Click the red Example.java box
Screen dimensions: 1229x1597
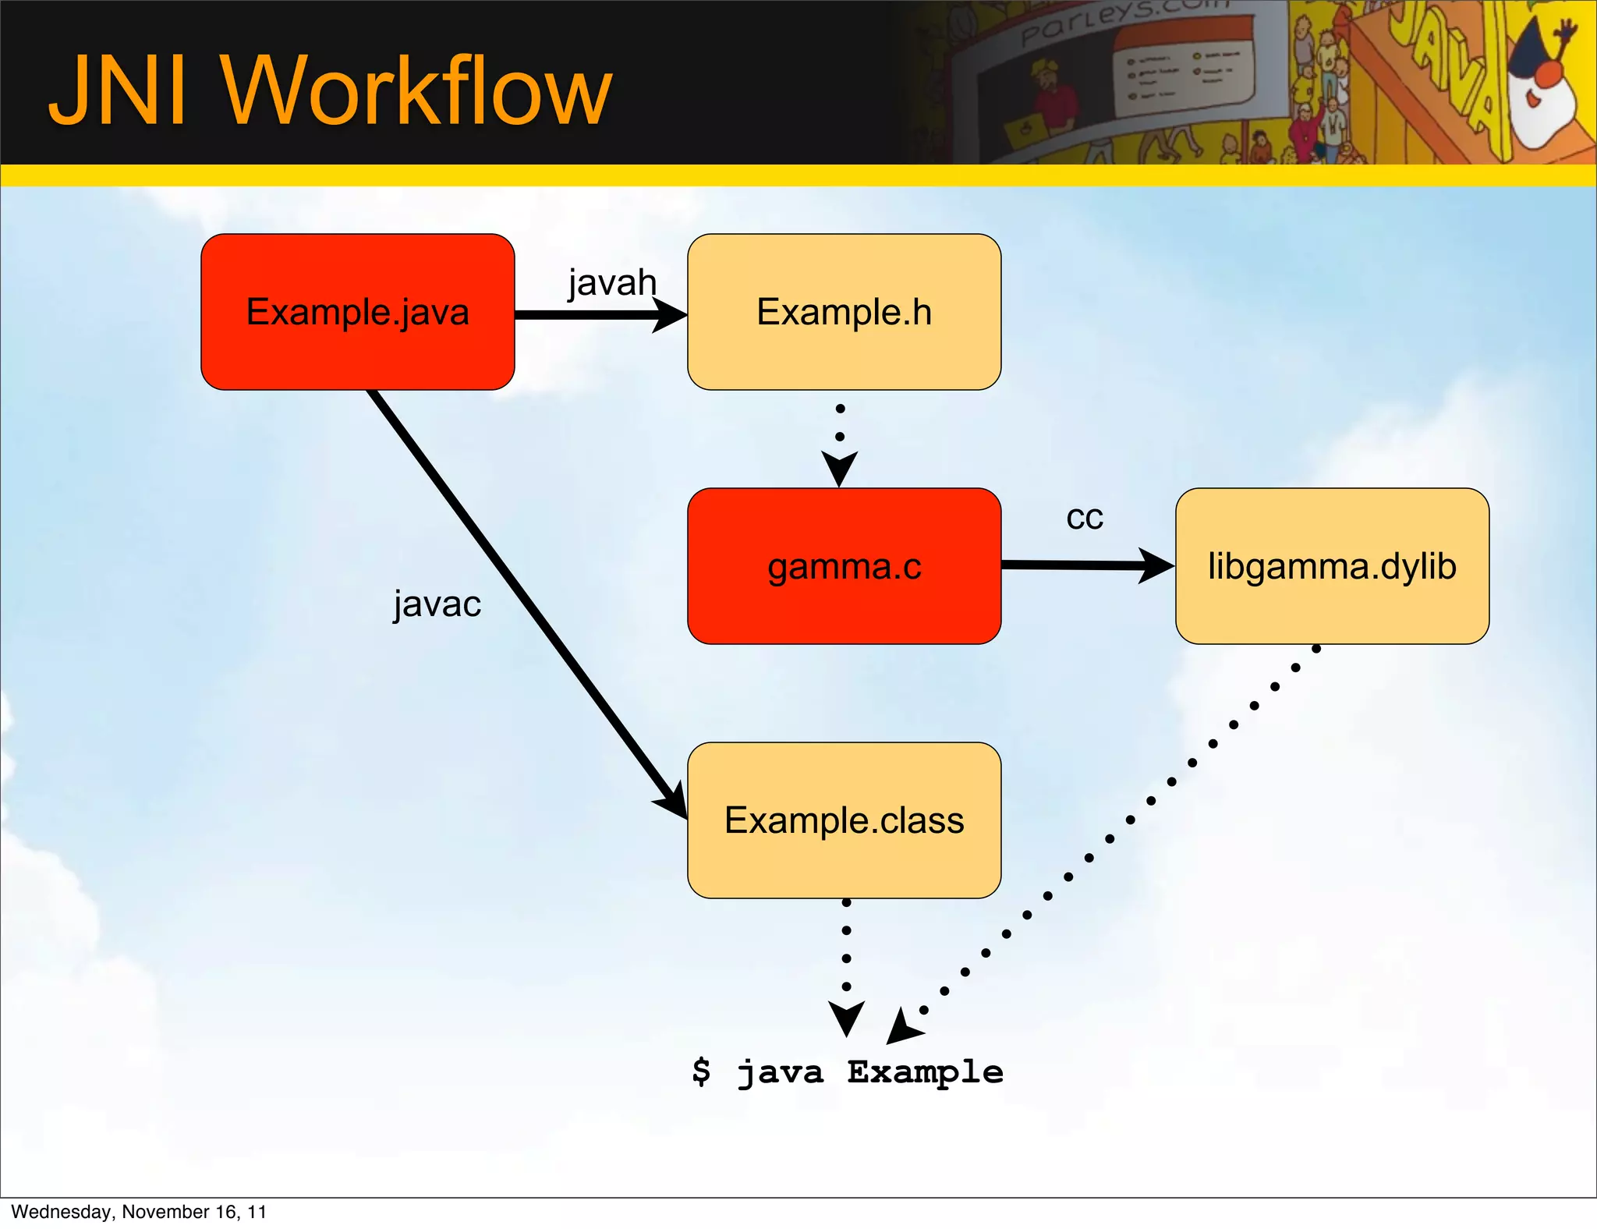pyautogui.click(x=357, y=312)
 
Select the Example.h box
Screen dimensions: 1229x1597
pyautogui.click(x=844, y=312)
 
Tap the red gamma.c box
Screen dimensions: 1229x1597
pyautogui.click(x=844, y=566)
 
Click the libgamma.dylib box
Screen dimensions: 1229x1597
pyautogui.click(x=1332, y=566)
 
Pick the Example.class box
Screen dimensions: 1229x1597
pyautogui.click(x=844, y=820)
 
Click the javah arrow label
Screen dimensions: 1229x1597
pyautogui.click(x=612, y=282)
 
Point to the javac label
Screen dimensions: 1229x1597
pyautogui.click(x=437, y=604)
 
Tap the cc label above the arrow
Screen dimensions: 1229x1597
pyautogui.click(x=1085, y=518)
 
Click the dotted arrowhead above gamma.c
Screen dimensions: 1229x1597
pyautogui.click(x=840, y=468)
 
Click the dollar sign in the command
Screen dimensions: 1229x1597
pyautogui.click(x=701, y=1071)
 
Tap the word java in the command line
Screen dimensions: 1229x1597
pyautogui.click(x=780, y=1073)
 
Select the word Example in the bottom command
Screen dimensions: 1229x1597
pyautogui.click(x=925, y=1073)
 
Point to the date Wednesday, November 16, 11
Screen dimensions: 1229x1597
pyautogui.click(x=139, y=1212)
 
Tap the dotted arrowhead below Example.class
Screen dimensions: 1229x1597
pyautogui.click(x=847, y=1018)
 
